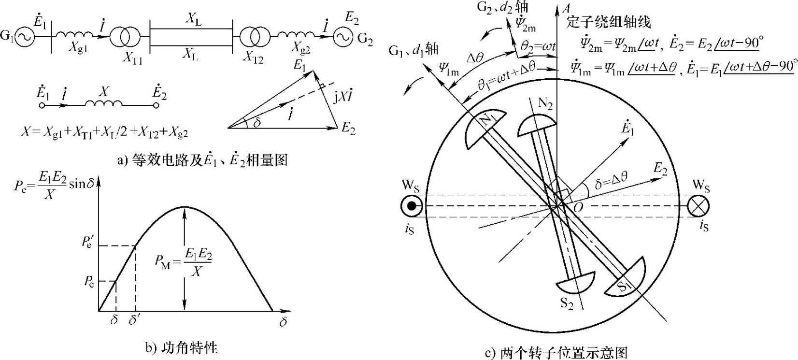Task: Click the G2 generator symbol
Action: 343,37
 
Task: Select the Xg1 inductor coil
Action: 74,35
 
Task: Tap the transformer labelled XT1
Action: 125,37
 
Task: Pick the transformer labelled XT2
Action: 253,37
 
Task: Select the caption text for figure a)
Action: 202,160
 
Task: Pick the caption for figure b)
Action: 181,347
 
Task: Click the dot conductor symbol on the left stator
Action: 412,206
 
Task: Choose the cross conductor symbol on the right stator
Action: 698,206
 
